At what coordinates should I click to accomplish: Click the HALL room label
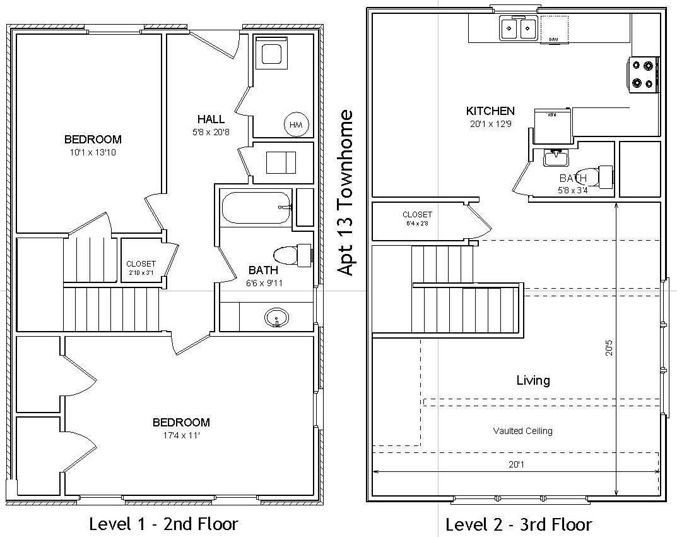(210, 119)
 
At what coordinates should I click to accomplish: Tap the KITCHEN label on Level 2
(490, 111)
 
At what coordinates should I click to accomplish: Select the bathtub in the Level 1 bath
(256, 207)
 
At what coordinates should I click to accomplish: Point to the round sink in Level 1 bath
(276, 317)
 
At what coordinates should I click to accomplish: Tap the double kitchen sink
(518, 28)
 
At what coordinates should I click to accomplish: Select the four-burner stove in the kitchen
(644, 74)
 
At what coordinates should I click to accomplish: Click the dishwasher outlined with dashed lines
(553, 29)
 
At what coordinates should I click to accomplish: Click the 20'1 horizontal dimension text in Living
(516, 465)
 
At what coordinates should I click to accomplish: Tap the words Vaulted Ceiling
(522, 431)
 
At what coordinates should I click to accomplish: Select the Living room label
(533, 380)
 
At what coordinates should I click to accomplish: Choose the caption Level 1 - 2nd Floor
(163, 524)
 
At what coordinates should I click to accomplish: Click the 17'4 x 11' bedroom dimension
(181, 435)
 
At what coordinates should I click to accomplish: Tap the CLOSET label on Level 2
(417, 214)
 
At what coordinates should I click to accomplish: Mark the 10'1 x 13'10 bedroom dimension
(93, 152)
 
